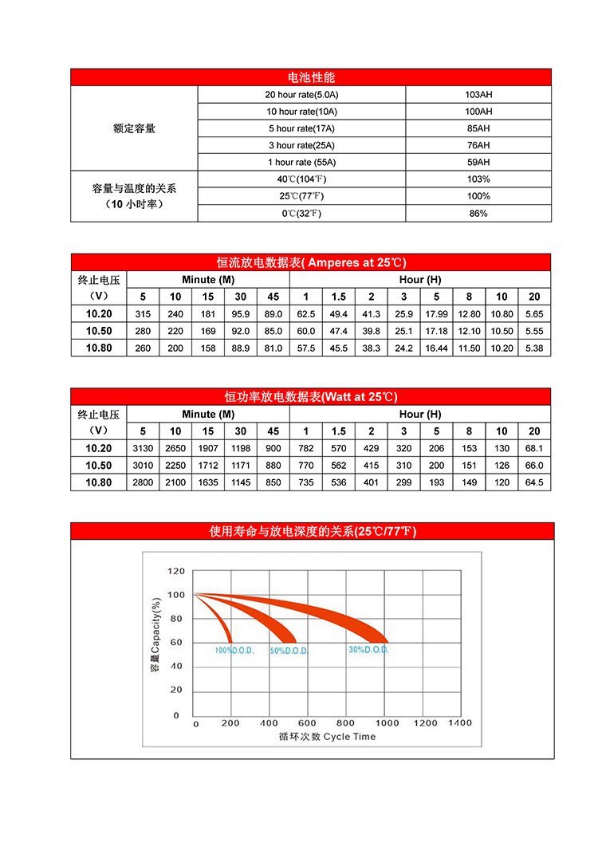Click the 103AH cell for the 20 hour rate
[478, 94]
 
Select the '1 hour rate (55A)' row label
[301, 162]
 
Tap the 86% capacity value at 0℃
[478, 214]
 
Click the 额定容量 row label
[134, 128]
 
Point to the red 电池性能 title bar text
[311, 77]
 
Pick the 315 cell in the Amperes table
[144, 314]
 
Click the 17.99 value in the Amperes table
[436, 314]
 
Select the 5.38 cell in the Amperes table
[534, 348]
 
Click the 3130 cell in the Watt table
[144, 449]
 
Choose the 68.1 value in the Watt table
[534, 449]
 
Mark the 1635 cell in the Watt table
[208, 482]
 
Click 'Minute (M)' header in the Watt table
[208, 415]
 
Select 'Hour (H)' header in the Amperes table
[419, 280]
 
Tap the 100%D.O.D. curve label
[234, 651]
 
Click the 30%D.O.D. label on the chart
[368, 650]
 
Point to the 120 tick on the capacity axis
[176, 572]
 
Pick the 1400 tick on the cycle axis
[460, 723]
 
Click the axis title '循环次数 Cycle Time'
[327, 737]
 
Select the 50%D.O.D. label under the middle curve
[289, 651]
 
